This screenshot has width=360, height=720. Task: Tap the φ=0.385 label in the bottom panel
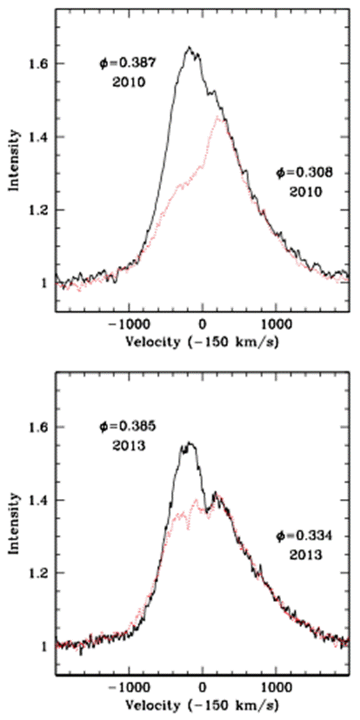point(128,427)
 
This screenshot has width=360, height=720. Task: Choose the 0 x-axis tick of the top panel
point(202,325)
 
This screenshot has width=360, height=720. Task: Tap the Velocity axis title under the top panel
point(202,342)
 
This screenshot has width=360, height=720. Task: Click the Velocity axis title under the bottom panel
point(202,706)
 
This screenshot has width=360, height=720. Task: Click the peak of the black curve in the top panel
point(188,47)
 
